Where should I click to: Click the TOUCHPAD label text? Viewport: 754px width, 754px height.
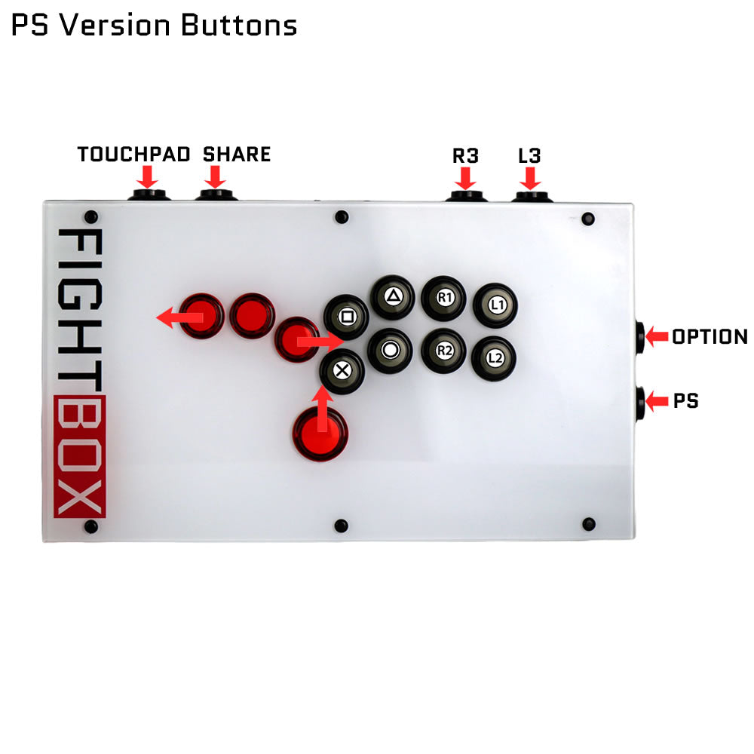[133, 155]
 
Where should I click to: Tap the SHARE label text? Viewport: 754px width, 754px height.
[237, 155]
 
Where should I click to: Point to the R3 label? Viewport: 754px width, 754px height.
[465, 156]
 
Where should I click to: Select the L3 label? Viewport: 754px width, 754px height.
[530, 156]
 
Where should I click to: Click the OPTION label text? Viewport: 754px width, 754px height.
[710, 337]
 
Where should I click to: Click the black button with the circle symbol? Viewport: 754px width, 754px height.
[390, 350]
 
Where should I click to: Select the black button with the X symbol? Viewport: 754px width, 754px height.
[341, 370]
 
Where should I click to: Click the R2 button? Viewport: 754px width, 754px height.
[443, 350]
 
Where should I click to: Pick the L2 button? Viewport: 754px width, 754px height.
[494, 357]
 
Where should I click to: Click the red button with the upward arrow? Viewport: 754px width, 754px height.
[320, 434]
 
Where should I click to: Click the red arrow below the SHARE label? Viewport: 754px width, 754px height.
[216, 177]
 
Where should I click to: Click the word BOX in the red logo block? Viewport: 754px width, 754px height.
[80, 455]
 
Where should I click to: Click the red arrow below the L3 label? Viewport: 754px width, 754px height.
[530, 179]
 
